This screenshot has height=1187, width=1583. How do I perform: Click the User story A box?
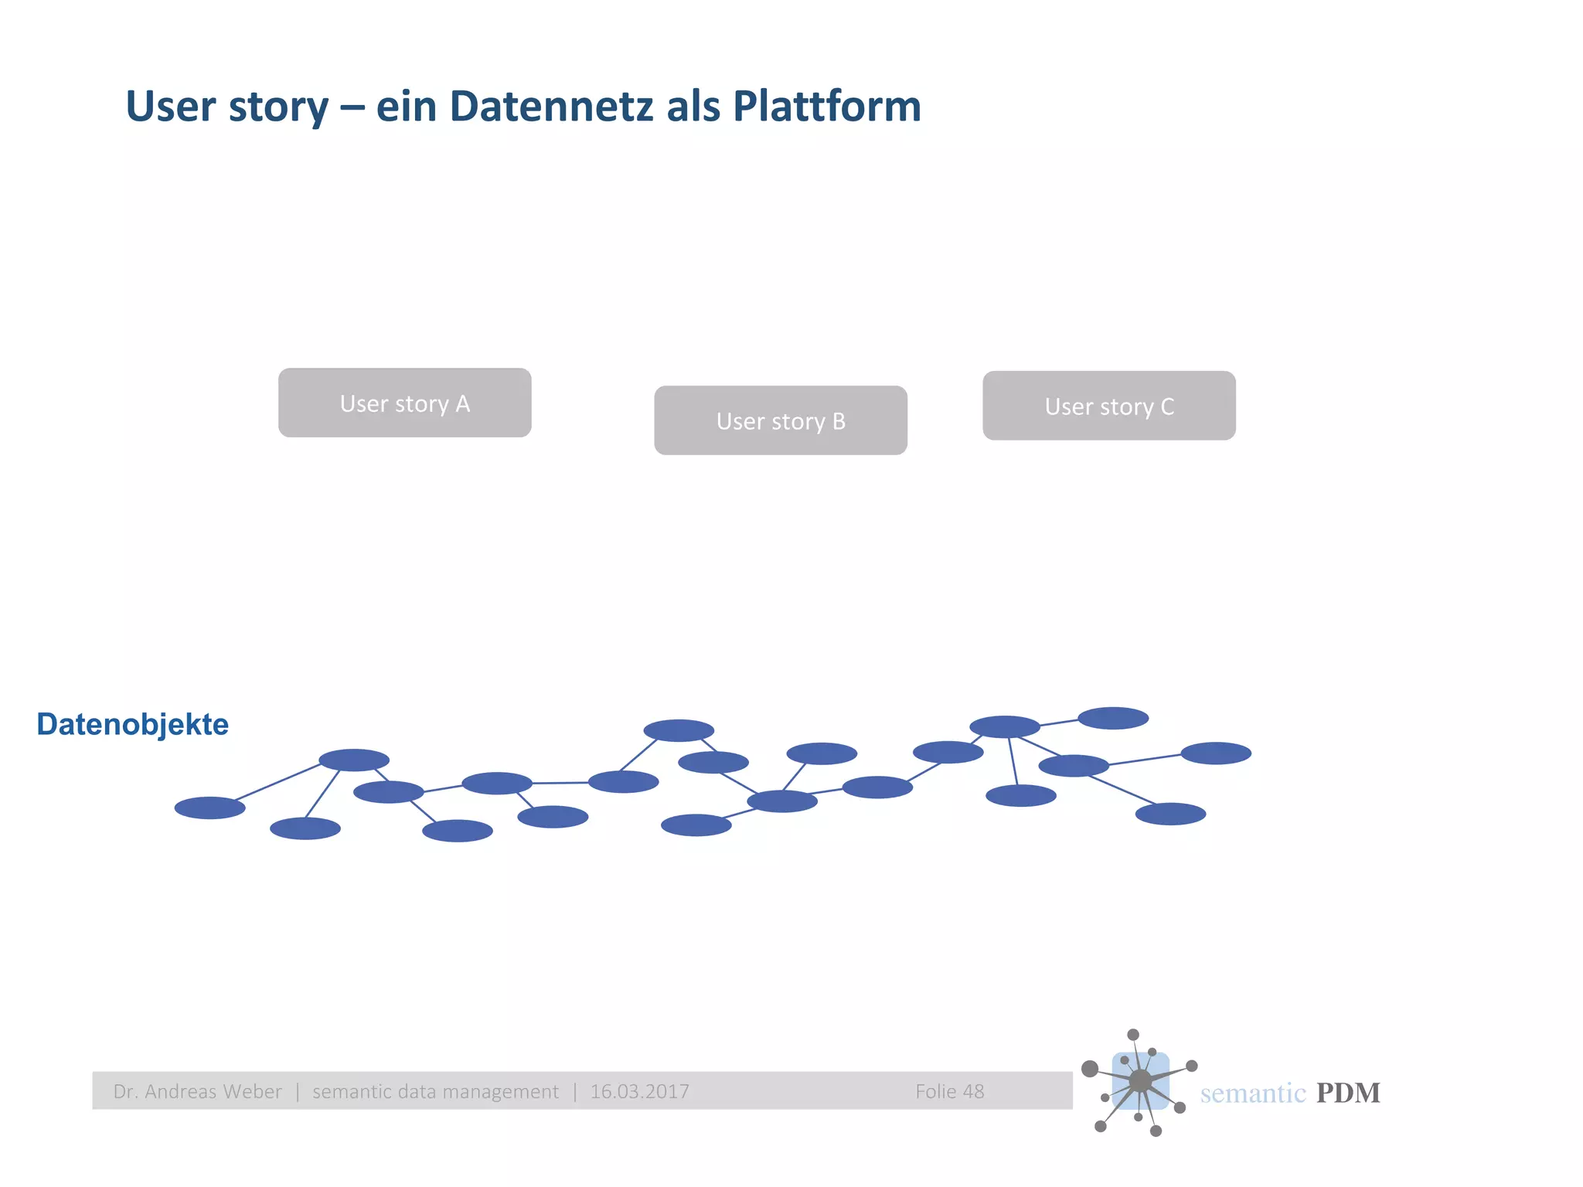pyautogui.click(x=404, y=403)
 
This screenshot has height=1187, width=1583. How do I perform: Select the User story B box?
pyautogui.click(x=780, y=420)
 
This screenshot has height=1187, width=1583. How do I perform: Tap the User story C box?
pyautogui.click(x=1108, y=406)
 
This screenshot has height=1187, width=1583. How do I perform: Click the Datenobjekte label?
pyautogui.click(x=132, y=724)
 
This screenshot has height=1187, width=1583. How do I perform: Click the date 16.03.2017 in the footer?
pyautogui.click(x=639, y=1091)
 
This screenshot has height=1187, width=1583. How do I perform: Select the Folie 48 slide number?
pyautogui.click(x=949, y=1091)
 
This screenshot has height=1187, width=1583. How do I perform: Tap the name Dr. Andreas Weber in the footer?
pyautogui.click(x=197, y=1091)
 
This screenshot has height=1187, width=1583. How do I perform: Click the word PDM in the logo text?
pyautogui.click(x=1347, y=1093)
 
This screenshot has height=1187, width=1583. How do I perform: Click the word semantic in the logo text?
pyautogui.click(x=1252, y=1093)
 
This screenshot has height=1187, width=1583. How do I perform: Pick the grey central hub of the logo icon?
pyautogui.click(x=1140, y=1081)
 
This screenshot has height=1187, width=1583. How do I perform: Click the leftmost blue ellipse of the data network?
pyautogui.click(x=209, y=808)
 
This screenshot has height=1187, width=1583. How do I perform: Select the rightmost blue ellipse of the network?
pyautogui.click(x=1215, y=753)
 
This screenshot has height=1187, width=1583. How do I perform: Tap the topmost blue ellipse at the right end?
pyautogui.click(x=1112, y=718)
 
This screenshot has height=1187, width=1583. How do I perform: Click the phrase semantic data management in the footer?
pyautogui.click(x=435, y=1091)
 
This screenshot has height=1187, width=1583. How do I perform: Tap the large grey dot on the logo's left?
pyautogui.click(x=1090, y=1069)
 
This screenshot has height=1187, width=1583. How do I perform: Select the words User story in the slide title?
pyautogui.click(x=226, y=106)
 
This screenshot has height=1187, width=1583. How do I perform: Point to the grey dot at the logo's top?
pyautogui.click(x=1133, y=1035)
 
